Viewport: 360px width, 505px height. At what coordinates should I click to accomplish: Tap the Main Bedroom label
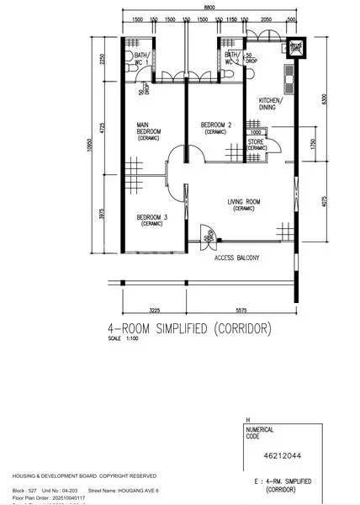(x=149, y=131)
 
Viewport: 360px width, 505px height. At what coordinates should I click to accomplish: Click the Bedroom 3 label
(x=152, y=220)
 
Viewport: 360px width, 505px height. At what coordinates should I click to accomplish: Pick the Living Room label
(x=244, y=203)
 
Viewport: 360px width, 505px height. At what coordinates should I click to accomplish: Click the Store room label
(x=257, y=144)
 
